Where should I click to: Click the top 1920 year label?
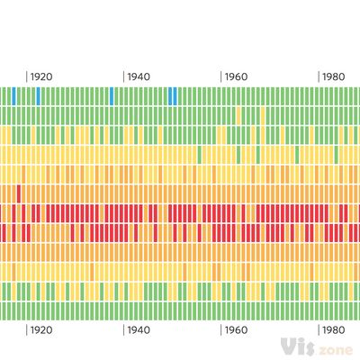point(41,76)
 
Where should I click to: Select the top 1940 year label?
point(139,76)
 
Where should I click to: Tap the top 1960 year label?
point(237,76)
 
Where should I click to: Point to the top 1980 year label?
point(335,76)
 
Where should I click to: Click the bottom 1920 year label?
point(41,330)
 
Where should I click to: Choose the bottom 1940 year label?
point(139,330)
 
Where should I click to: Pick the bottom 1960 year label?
point(237,330)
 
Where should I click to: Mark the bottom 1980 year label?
point(335,330)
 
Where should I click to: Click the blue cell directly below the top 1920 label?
point(38,95)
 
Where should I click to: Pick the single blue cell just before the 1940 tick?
point(112,95)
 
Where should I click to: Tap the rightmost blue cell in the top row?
point(175,95)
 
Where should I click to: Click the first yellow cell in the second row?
point(238,115)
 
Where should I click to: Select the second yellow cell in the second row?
point(263,115)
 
